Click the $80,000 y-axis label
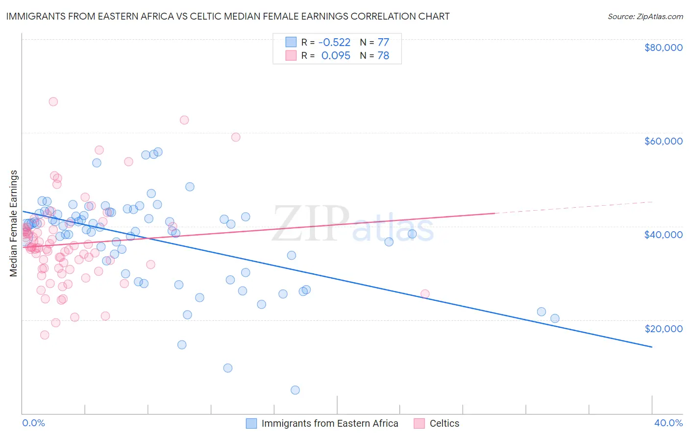pos(663,48)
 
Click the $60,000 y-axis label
pos(663,141)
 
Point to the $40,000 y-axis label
pos(663,235)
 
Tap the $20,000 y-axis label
pos(663,328)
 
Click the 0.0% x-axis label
pos(33,423)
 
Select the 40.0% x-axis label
pos(668,423)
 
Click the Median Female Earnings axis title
pos(14,223)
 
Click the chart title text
pos(227,16)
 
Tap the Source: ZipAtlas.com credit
pos(645,16)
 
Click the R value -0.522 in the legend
pos(335,42)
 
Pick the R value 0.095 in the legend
pos(336,56)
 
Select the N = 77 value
pos(374,42)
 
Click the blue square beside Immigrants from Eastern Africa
pos(251,423)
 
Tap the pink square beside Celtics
pos(419,423)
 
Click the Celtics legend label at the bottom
pos(444,423)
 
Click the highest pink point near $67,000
pos(53,101)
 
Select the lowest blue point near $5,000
pos(295,390)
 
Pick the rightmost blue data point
pos(555,318)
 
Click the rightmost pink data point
pos(425,294)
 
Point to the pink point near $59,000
pos(236,137)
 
